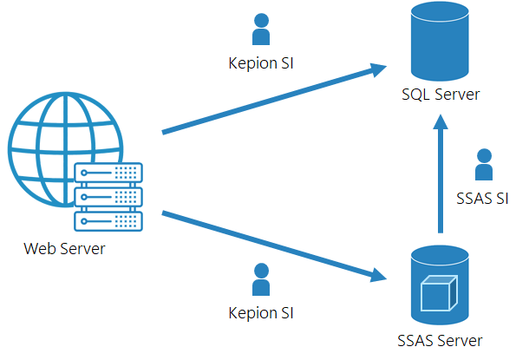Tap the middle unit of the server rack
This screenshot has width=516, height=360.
tap(108, 197)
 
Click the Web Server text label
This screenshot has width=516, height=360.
tap(65, 250)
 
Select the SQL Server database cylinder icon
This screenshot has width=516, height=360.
tap(440, 42)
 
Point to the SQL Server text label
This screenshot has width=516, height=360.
tap(441, 95)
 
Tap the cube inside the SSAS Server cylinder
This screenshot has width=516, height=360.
tap(438, 294)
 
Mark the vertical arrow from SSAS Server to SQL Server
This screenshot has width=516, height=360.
tap(440, 178)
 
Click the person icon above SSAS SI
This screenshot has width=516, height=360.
tap(484, 165)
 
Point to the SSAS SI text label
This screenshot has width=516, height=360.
tap(482, 199)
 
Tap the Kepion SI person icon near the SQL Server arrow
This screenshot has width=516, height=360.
tap(260, 29)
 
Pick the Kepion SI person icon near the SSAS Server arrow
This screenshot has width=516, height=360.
tap(260, 280)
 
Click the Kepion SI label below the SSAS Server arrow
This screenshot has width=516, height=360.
tap(260, 312)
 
